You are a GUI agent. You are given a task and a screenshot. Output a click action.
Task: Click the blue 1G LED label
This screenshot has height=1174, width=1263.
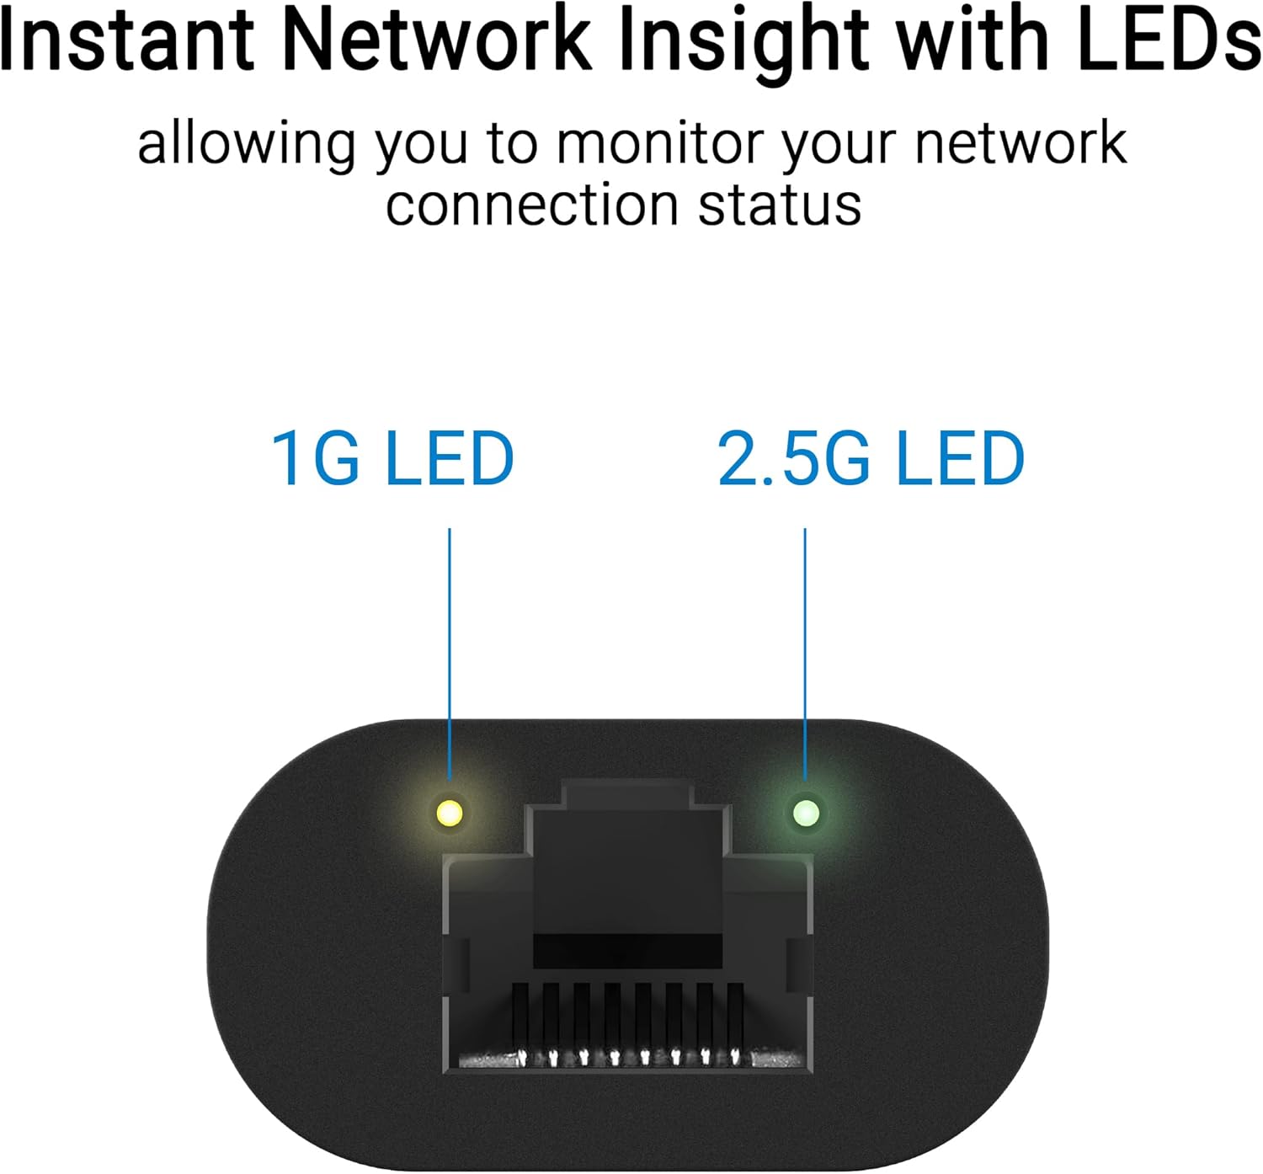[392, 458]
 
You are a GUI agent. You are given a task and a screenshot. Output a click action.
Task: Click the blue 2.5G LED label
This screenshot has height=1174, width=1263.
[871, 458]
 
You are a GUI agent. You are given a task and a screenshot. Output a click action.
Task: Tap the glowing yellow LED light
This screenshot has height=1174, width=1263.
[450, 814]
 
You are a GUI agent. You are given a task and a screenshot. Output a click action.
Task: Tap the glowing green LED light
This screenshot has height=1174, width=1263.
[806, 814]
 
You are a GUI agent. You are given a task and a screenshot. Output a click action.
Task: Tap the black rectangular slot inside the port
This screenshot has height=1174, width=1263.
[627, 950]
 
